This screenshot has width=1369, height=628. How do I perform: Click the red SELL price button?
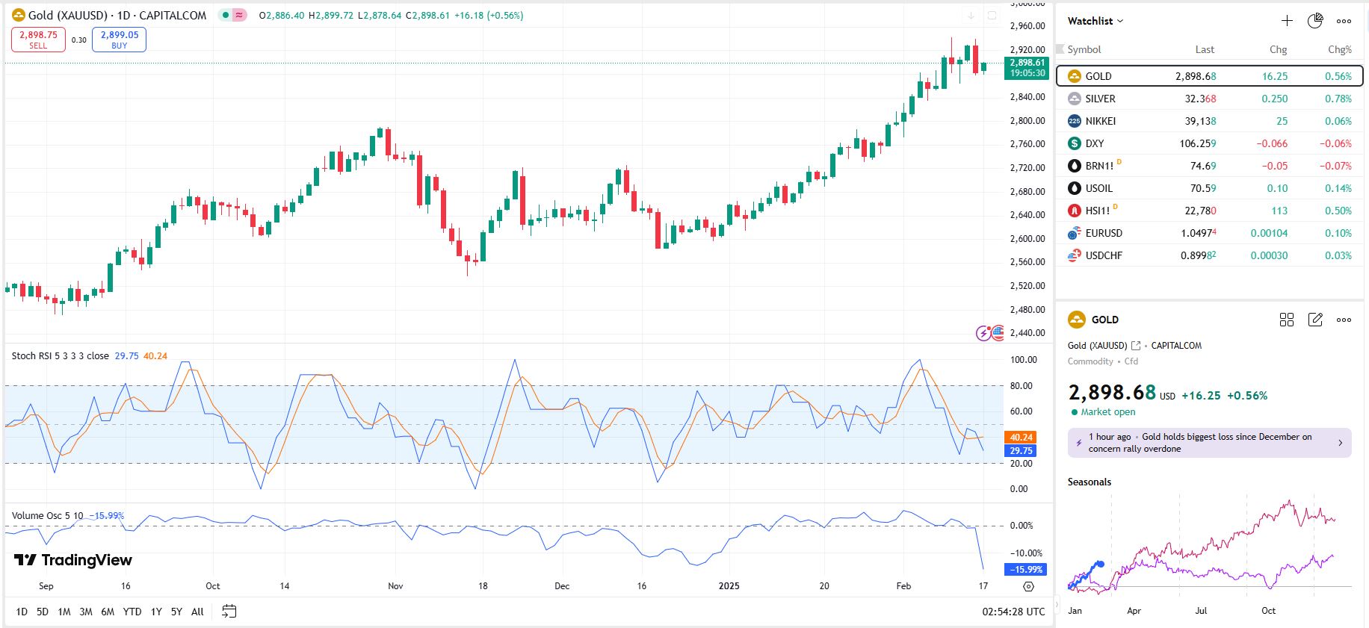point(38,40)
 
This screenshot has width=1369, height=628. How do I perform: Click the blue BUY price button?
point(119,40)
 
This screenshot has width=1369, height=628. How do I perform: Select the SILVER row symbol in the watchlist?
point(1100,99)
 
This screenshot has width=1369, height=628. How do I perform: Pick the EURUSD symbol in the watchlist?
point(1104,233)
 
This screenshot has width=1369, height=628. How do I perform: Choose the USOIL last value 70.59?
point(1203,188)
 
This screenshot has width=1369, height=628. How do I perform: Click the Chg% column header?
point(1339,49)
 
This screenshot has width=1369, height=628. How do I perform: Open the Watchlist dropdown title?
point(1095,21)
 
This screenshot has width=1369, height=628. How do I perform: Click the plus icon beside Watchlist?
point(1287,21)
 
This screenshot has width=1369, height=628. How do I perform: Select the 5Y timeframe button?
point(176,612)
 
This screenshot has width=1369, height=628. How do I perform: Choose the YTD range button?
point(132,612)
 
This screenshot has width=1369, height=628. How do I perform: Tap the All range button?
point(197,612)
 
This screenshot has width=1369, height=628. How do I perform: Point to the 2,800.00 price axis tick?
point(1027,120)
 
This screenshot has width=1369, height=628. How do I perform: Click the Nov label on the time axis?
point(395,586)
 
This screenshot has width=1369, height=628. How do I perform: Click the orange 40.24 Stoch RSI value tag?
point(1022,438)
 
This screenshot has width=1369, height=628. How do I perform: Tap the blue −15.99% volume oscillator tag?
point(1027,569)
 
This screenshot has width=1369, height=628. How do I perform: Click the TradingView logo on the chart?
point(73,560)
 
